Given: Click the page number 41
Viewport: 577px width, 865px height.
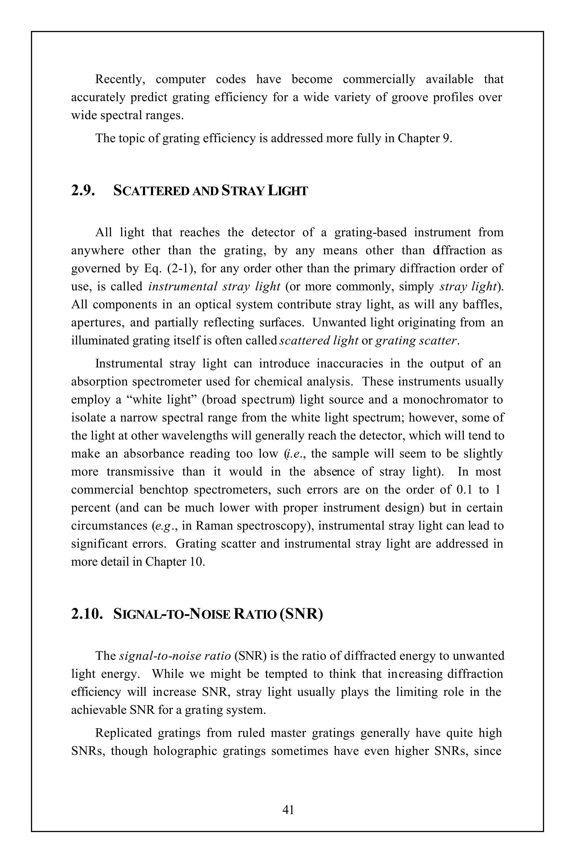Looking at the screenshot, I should click(x=288, y=810).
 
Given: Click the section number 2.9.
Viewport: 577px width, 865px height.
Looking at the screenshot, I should click(x=83, y=191).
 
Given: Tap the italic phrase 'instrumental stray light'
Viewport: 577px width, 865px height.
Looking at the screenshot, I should click(x=214, y=286).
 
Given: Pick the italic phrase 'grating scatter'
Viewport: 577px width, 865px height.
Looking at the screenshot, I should click(x=417, y=340).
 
